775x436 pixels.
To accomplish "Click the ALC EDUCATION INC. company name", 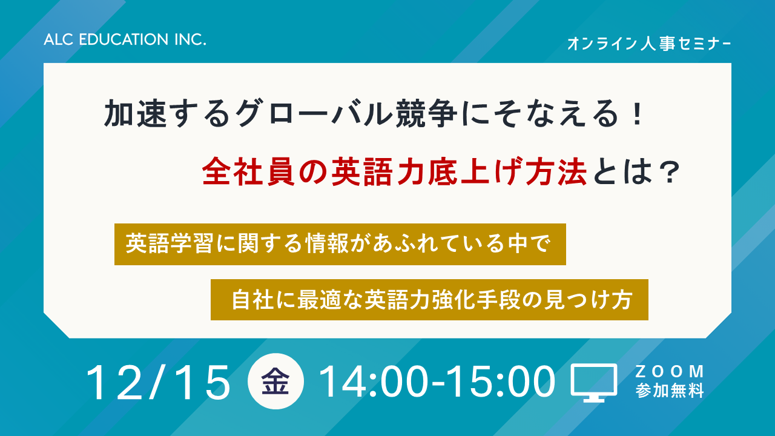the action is [125, 39].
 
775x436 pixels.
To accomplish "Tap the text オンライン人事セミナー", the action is [649, 44].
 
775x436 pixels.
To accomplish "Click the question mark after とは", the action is [670, 173].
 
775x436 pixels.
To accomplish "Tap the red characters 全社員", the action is [248, 171].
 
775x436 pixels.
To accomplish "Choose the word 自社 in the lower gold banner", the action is [252, 300].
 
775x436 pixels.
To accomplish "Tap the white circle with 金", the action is [275, 381].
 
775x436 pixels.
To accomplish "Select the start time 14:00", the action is [372, 382].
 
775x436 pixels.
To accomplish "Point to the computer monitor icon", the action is [594, 383].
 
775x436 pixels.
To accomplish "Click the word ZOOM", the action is [670, 372].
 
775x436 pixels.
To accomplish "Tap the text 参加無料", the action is [670, 391].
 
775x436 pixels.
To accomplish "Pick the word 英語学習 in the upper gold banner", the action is [169, 243].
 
